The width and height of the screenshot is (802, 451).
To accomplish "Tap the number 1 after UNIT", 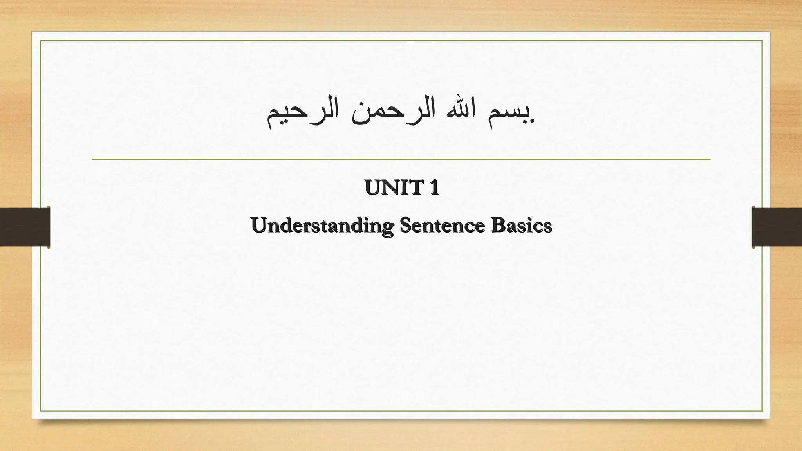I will (434, 188).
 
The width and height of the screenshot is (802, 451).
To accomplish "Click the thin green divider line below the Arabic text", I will (401, 159).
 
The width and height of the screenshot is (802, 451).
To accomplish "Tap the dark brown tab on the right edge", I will (777, 227).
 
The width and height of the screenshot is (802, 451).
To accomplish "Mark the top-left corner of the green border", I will (40, 40).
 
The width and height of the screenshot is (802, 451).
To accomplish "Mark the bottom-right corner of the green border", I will (762, 411).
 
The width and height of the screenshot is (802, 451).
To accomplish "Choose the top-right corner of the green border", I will (762, 40).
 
